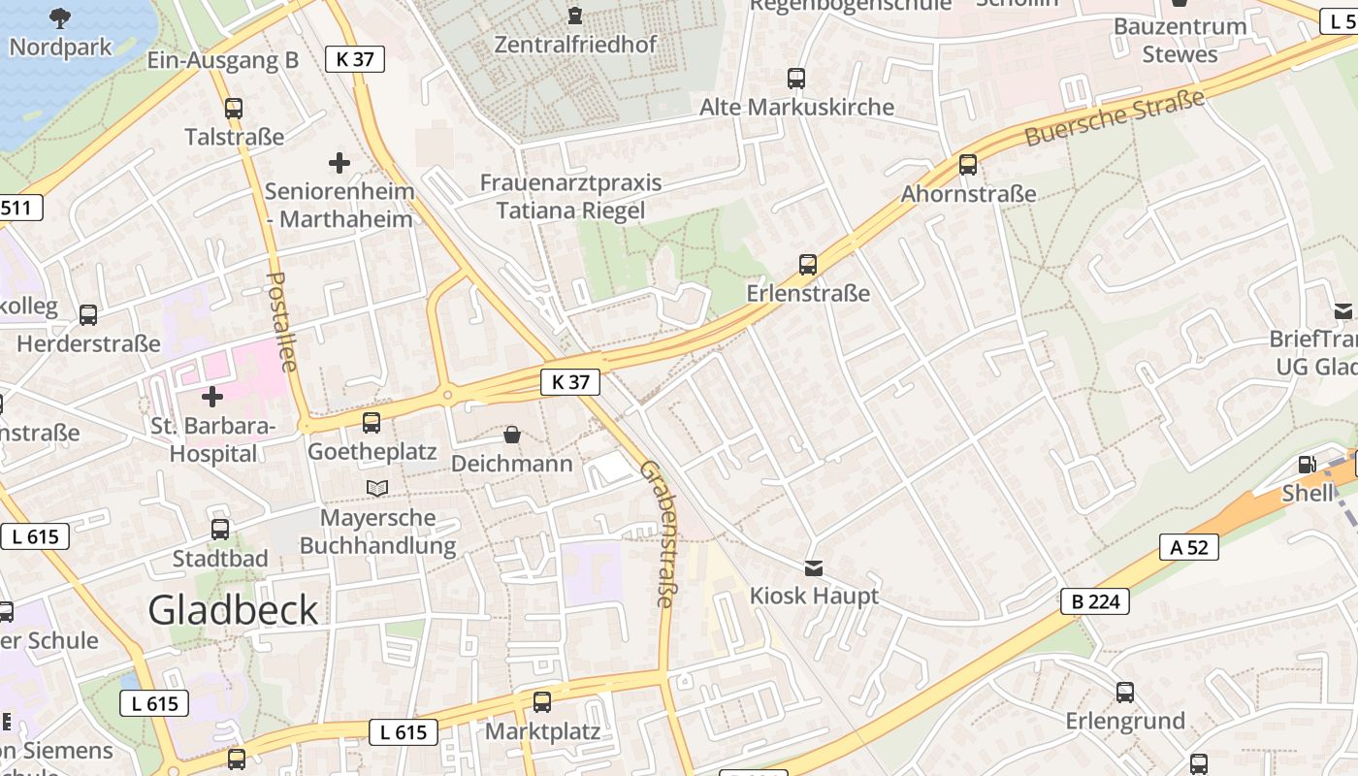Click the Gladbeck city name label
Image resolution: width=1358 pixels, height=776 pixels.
coord(233,609)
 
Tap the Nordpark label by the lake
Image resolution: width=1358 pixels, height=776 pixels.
coord(60,47)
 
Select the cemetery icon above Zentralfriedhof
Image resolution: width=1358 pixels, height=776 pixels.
coord(575,16)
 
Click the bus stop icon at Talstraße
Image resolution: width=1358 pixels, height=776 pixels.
coord(233,109)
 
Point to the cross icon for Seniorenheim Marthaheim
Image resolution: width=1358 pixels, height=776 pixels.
coord(339,162)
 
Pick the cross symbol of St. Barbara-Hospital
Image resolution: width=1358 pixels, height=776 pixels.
coord(211,396)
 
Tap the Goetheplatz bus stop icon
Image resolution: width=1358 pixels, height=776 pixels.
coord(372,423)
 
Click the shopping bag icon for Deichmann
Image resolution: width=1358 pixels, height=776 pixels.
coord(512,436)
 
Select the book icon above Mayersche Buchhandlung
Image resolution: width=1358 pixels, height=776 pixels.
coord(377,488)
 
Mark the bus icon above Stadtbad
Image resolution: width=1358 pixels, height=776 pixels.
coord(220,530)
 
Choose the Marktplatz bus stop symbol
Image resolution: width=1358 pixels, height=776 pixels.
coord(542,701)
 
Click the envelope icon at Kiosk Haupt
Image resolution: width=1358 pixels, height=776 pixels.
coord(813,567)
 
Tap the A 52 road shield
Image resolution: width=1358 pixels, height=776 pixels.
coord(1189,547)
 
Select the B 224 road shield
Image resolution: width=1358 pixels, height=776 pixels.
coord(1096,601)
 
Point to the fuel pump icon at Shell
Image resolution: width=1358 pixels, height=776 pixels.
coord(1307,466)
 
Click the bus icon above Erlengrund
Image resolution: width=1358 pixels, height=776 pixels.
coord(1125,693)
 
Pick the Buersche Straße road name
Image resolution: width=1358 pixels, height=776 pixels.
coord(1115,117)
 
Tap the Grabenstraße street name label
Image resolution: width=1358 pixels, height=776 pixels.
coord(659,533)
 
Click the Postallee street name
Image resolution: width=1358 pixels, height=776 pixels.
coord(280,320)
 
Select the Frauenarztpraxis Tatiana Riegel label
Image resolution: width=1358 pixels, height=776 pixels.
coord(570,197)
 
